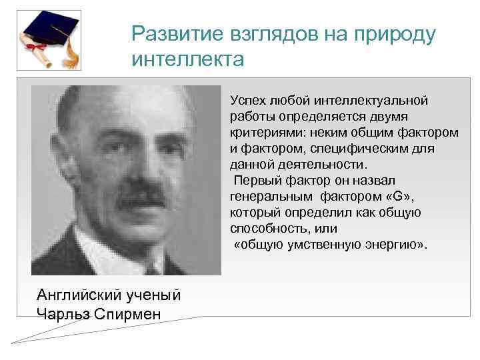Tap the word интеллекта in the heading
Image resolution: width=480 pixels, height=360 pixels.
[x=188, y=60]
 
